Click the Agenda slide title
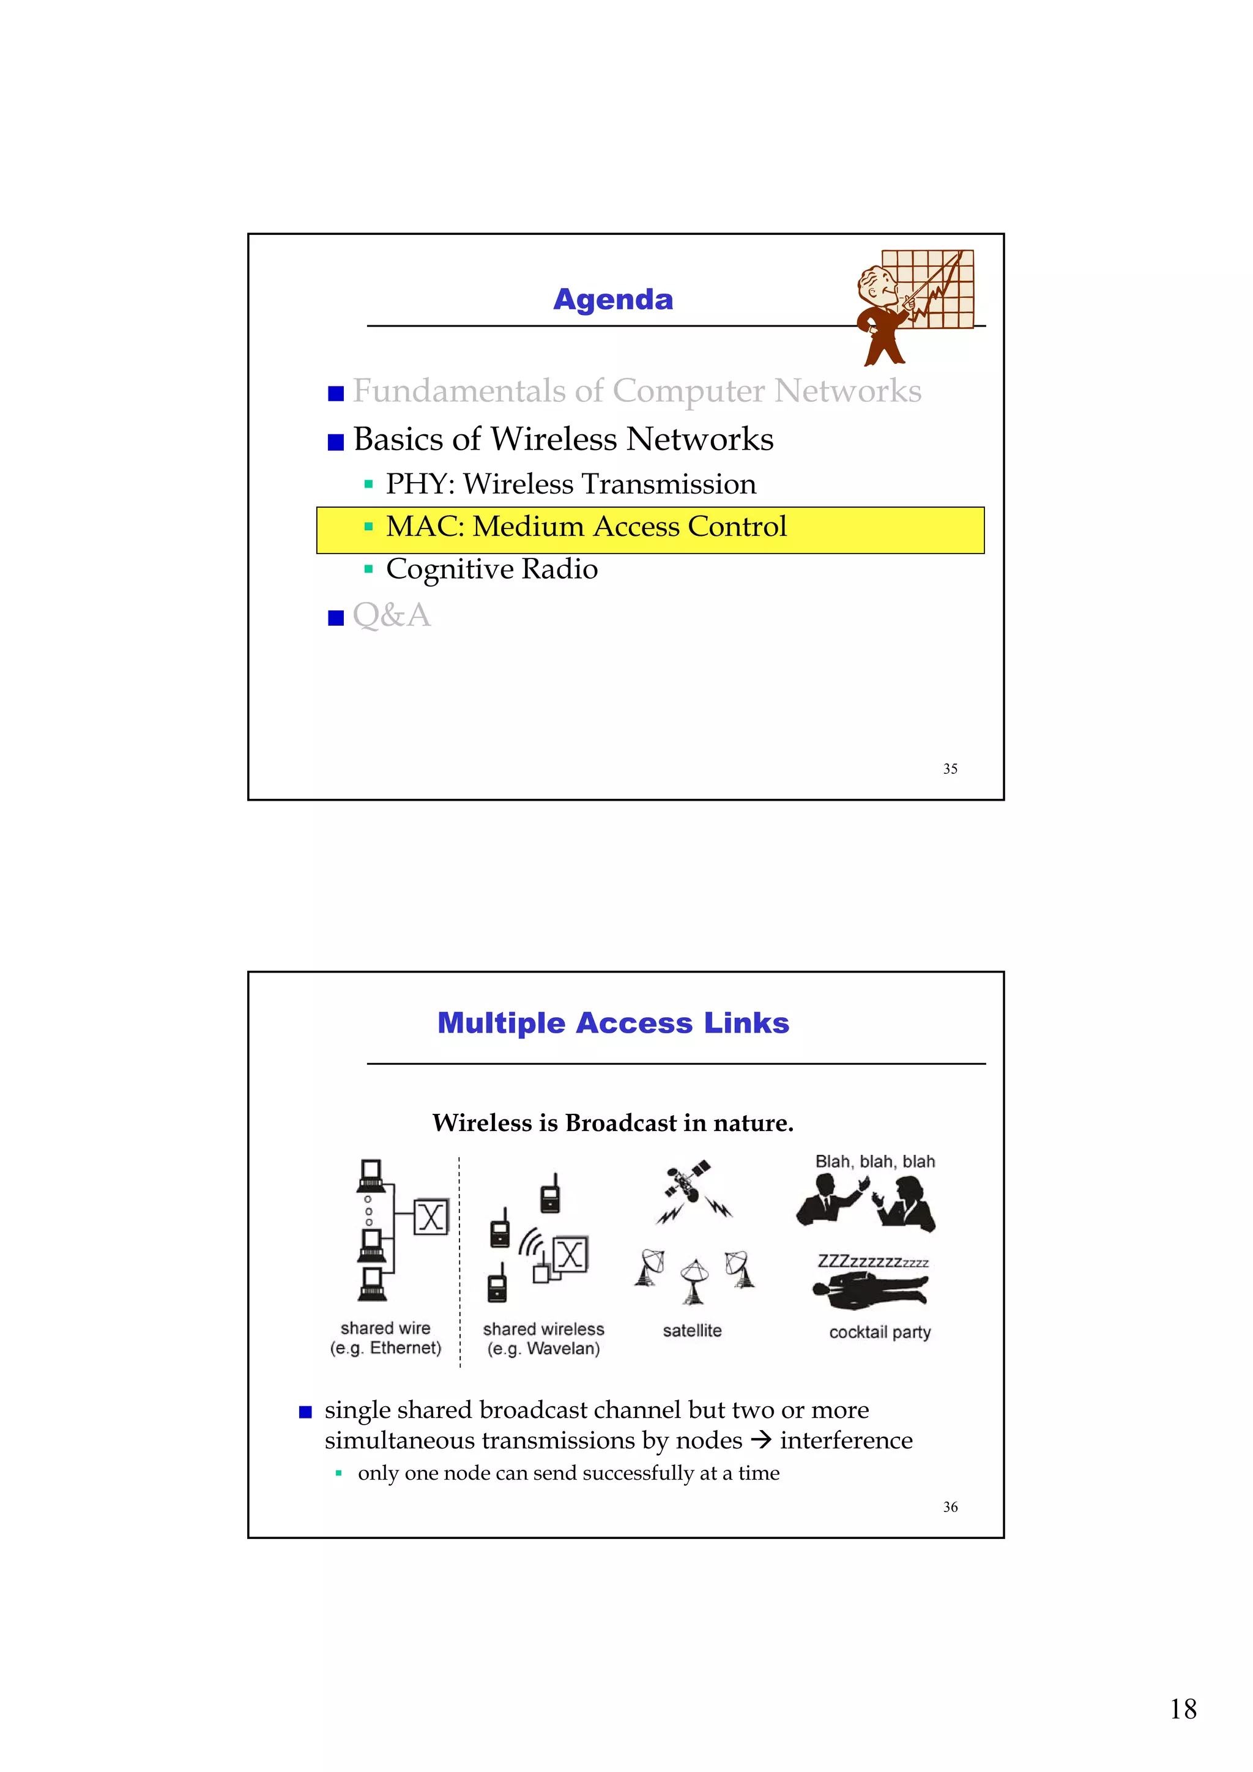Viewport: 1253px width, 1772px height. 613,300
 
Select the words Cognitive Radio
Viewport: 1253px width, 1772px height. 492,569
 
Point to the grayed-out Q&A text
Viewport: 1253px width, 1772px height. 392,616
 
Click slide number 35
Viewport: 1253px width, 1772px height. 950,769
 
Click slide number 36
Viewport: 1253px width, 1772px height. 950,1507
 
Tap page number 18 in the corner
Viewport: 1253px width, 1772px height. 1182,1709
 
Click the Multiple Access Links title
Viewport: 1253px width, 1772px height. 613,1023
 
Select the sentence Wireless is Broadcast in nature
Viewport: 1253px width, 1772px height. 613,1123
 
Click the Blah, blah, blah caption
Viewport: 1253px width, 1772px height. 875,1162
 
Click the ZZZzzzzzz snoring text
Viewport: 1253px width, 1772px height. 872,1262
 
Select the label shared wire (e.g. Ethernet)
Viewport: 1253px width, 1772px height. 385,1338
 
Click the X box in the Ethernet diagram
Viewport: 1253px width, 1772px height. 431,1217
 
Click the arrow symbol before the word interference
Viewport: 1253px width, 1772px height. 760,1440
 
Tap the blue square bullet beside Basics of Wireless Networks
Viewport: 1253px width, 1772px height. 336,442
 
